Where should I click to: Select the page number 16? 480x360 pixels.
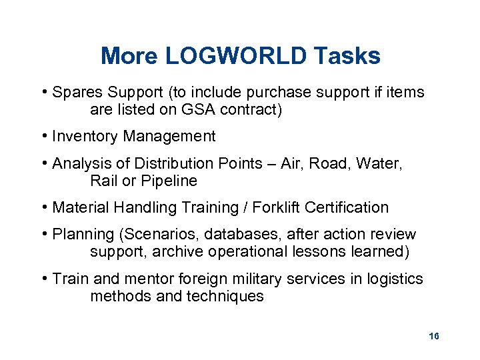coord(434,336)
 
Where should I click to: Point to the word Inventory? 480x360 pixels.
coord(83,137)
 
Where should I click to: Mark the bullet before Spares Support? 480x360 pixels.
coord(43,92)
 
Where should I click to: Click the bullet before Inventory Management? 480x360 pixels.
coord(43,137)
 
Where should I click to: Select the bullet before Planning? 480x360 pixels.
coord(43,234)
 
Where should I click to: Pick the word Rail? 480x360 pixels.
coord(103,181)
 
